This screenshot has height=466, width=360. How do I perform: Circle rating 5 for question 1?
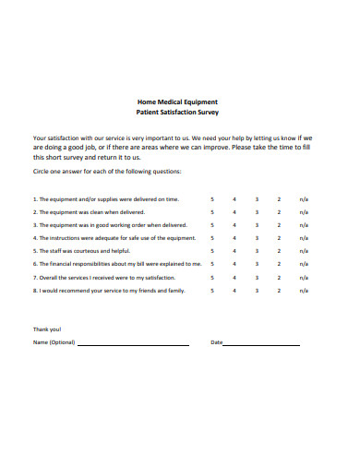pyautogui.click(x=211, y=198)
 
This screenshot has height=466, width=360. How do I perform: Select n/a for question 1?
pyautogui.click(x=304, y=198)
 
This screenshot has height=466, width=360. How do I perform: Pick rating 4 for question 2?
pyautogui.click(x=234, y=211)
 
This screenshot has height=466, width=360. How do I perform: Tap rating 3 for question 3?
pyautogui.click(x=256, y=224)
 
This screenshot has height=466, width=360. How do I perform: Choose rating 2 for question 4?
pyautogui.click(x=279, y=237)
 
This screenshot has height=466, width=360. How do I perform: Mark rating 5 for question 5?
pyautogui.click(x=211, y=250)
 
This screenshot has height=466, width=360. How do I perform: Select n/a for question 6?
pyautogui.click(x=304, y=263)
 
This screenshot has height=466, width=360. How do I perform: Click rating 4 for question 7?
pyautogui.click(x=234, y=276)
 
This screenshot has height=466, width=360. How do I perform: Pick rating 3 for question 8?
pyautogui.click(x=256, y=289)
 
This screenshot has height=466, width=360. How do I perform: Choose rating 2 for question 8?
pyautogui.click(x=279, y=289)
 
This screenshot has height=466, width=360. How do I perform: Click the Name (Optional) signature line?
pyautogui.click(x=133, y=343)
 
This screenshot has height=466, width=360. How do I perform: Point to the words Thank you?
pyautogui.click(x=47, y=329)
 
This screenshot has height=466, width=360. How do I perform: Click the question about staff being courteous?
pyautogui.click(x=81, y=250)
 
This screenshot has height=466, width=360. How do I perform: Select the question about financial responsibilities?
pyautogui.click(x=116, y=263)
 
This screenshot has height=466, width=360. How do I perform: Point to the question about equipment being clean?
pyautogui.click(x=89, y=211)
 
